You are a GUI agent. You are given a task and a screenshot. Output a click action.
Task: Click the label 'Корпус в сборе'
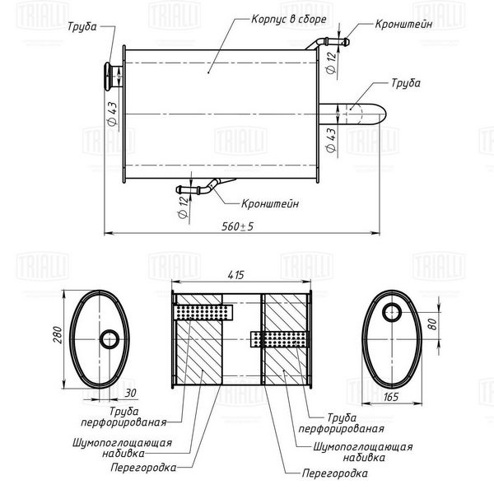(289, 19)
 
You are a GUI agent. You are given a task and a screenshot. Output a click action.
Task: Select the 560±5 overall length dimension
(237, 226)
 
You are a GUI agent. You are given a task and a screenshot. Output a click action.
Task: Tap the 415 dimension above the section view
(235, 275)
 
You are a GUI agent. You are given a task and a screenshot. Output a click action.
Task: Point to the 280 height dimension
(58, 334)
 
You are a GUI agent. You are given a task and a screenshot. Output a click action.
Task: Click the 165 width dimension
(390, 397)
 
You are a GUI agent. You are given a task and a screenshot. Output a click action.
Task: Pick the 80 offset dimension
(433, 324)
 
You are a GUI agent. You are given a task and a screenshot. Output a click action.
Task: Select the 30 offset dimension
(130, 393)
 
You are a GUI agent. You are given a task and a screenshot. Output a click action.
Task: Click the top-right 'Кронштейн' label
(403, 24)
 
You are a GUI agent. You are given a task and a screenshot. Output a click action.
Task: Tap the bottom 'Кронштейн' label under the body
(270, 203)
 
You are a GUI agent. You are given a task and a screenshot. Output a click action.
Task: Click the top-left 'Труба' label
(82, 26)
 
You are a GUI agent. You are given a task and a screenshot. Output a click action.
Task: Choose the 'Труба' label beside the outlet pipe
(406, 83)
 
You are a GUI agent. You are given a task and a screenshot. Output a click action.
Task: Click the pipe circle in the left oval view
(110, 339)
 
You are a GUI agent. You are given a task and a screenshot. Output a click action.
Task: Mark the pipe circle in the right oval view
(392, 312)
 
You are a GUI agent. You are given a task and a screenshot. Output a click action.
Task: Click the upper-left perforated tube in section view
(203, 313)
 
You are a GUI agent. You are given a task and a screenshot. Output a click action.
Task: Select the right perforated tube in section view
(278, 339)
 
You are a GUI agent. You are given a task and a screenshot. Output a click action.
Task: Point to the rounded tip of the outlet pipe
(384, 114)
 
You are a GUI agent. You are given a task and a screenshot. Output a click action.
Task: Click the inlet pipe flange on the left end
(108, 77)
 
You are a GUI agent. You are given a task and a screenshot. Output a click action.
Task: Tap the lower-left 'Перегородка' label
(143, 468)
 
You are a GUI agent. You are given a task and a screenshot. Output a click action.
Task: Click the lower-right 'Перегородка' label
(334, 473)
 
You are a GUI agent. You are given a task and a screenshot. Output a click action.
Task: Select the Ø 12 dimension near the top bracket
(331, 63)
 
